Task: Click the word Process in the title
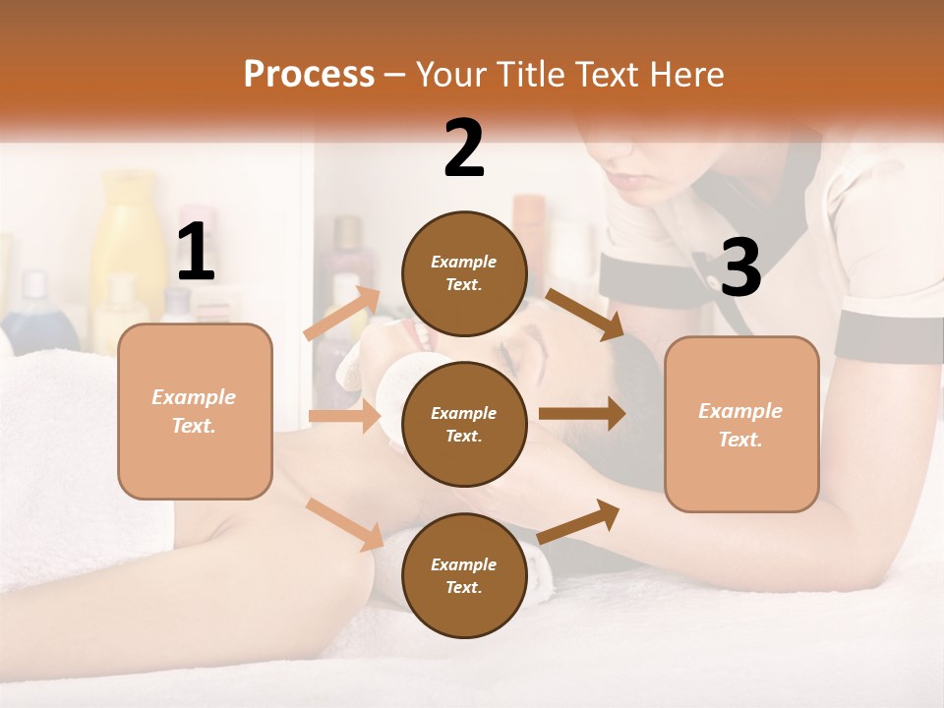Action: tap(309, 74)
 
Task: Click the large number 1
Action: tap(196, 253)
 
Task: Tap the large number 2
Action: tap(464, 148)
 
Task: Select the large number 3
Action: tap(740, 268)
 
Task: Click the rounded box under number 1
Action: tap(195, 411)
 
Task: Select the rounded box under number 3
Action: tap(741, 424)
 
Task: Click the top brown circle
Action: tap(464, 273)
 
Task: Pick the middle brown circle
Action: tap(464, 424)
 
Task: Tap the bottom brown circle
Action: tap(464, 575)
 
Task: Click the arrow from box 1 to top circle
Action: tap(342, 314)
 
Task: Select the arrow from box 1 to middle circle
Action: tap(344, 416)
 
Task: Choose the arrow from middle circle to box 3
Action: tap(582, 414)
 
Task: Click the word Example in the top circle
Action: tap(464, 262)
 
